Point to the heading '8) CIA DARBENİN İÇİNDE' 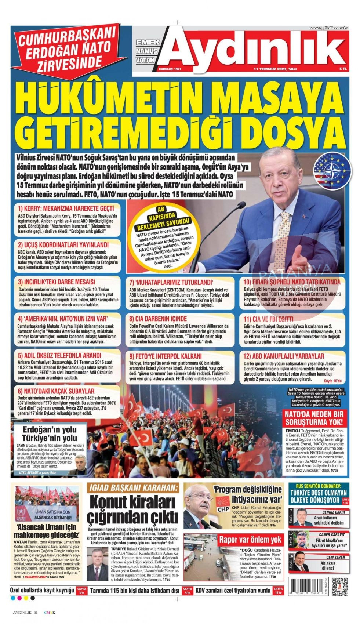158,319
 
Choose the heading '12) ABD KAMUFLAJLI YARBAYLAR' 284,356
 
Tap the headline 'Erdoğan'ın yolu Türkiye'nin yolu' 50,433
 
